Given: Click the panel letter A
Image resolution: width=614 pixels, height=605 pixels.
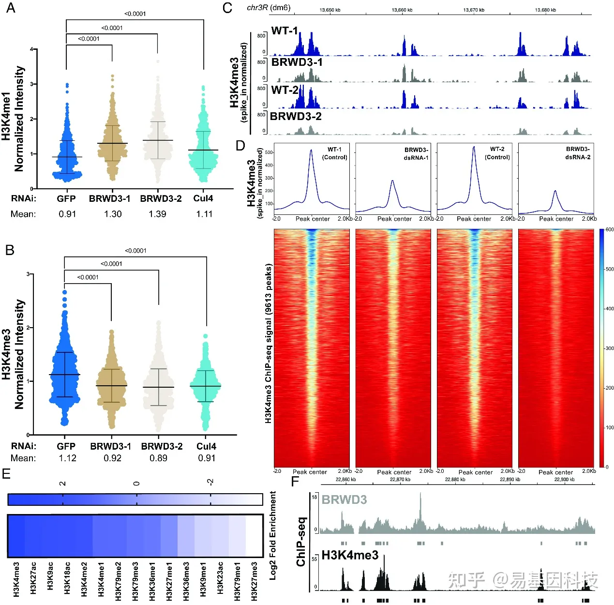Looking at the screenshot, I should [10, 8].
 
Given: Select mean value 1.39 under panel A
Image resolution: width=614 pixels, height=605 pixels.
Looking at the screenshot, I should [158, 214].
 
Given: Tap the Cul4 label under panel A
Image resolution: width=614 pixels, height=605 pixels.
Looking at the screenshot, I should [203, 198].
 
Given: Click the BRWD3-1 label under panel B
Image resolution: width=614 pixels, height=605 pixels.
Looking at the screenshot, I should [110, 446].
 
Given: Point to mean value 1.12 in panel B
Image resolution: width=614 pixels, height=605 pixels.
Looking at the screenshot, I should [68, 458].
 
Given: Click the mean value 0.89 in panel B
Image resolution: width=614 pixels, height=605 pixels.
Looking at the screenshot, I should [158, 458].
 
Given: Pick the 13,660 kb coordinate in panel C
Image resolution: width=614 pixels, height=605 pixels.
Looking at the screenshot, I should [402, 10].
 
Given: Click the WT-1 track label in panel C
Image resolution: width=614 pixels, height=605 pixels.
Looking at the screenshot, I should [285, 31].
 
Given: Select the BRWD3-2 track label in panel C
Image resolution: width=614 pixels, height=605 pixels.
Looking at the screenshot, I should [296, 117].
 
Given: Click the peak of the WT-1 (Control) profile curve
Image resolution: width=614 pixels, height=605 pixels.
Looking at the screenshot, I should [311, 151].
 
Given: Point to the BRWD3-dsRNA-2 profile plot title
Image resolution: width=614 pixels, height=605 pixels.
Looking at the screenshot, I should [578, 153].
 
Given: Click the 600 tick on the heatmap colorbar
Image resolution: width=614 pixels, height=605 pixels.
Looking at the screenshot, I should [610, 230].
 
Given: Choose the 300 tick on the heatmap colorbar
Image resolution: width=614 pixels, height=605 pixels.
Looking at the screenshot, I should [610, 348].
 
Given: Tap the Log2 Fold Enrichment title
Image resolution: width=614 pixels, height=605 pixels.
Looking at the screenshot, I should [273, 535].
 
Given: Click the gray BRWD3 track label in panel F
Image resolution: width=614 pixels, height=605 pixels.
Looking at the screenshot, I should [344, 499].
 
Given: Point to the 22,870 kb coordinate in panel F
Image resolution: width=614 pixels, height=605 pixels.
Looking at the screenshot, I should [400, 480].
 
